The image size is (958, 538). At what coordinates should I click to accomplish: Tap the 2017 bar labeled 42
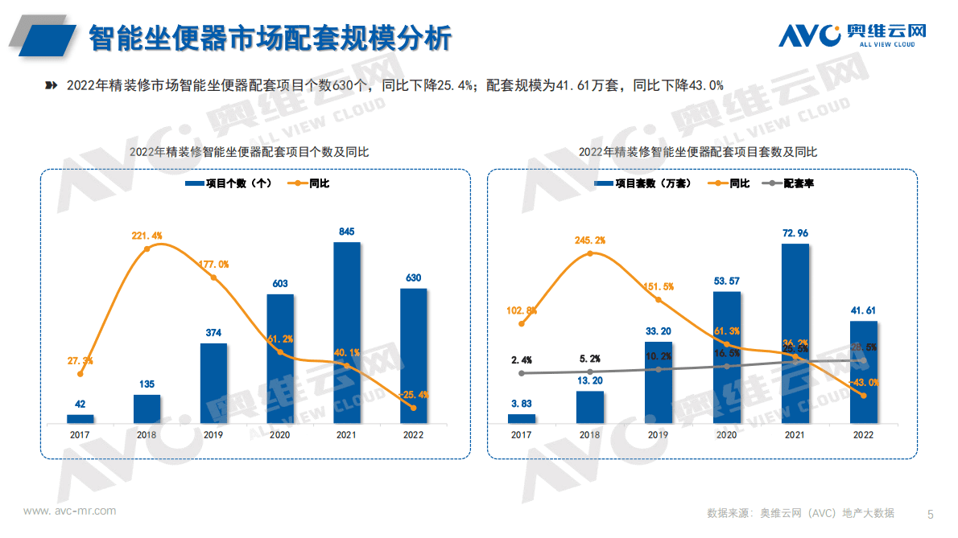81,419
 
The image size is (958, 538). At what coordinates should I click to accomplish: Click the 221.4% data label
147,236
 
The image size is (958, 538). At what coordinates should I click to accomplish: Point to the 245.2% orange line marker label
590,240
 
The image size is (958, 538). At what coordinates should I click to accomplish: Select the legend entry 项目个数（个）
229,183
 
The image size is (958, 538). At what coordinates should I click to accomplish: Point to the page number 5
931,513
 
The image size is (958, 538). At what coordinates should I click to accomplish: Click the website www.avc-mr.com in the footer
69,511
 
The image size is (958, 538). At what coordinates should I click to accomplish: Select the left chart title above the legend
249,152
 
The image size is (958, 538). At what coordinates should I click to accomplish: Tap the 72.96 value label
795,233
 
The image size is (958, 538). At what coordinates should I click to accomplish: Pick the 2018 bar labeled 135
147,409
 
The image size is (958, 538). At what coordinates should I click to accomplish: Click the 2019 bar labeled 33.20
658,382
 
